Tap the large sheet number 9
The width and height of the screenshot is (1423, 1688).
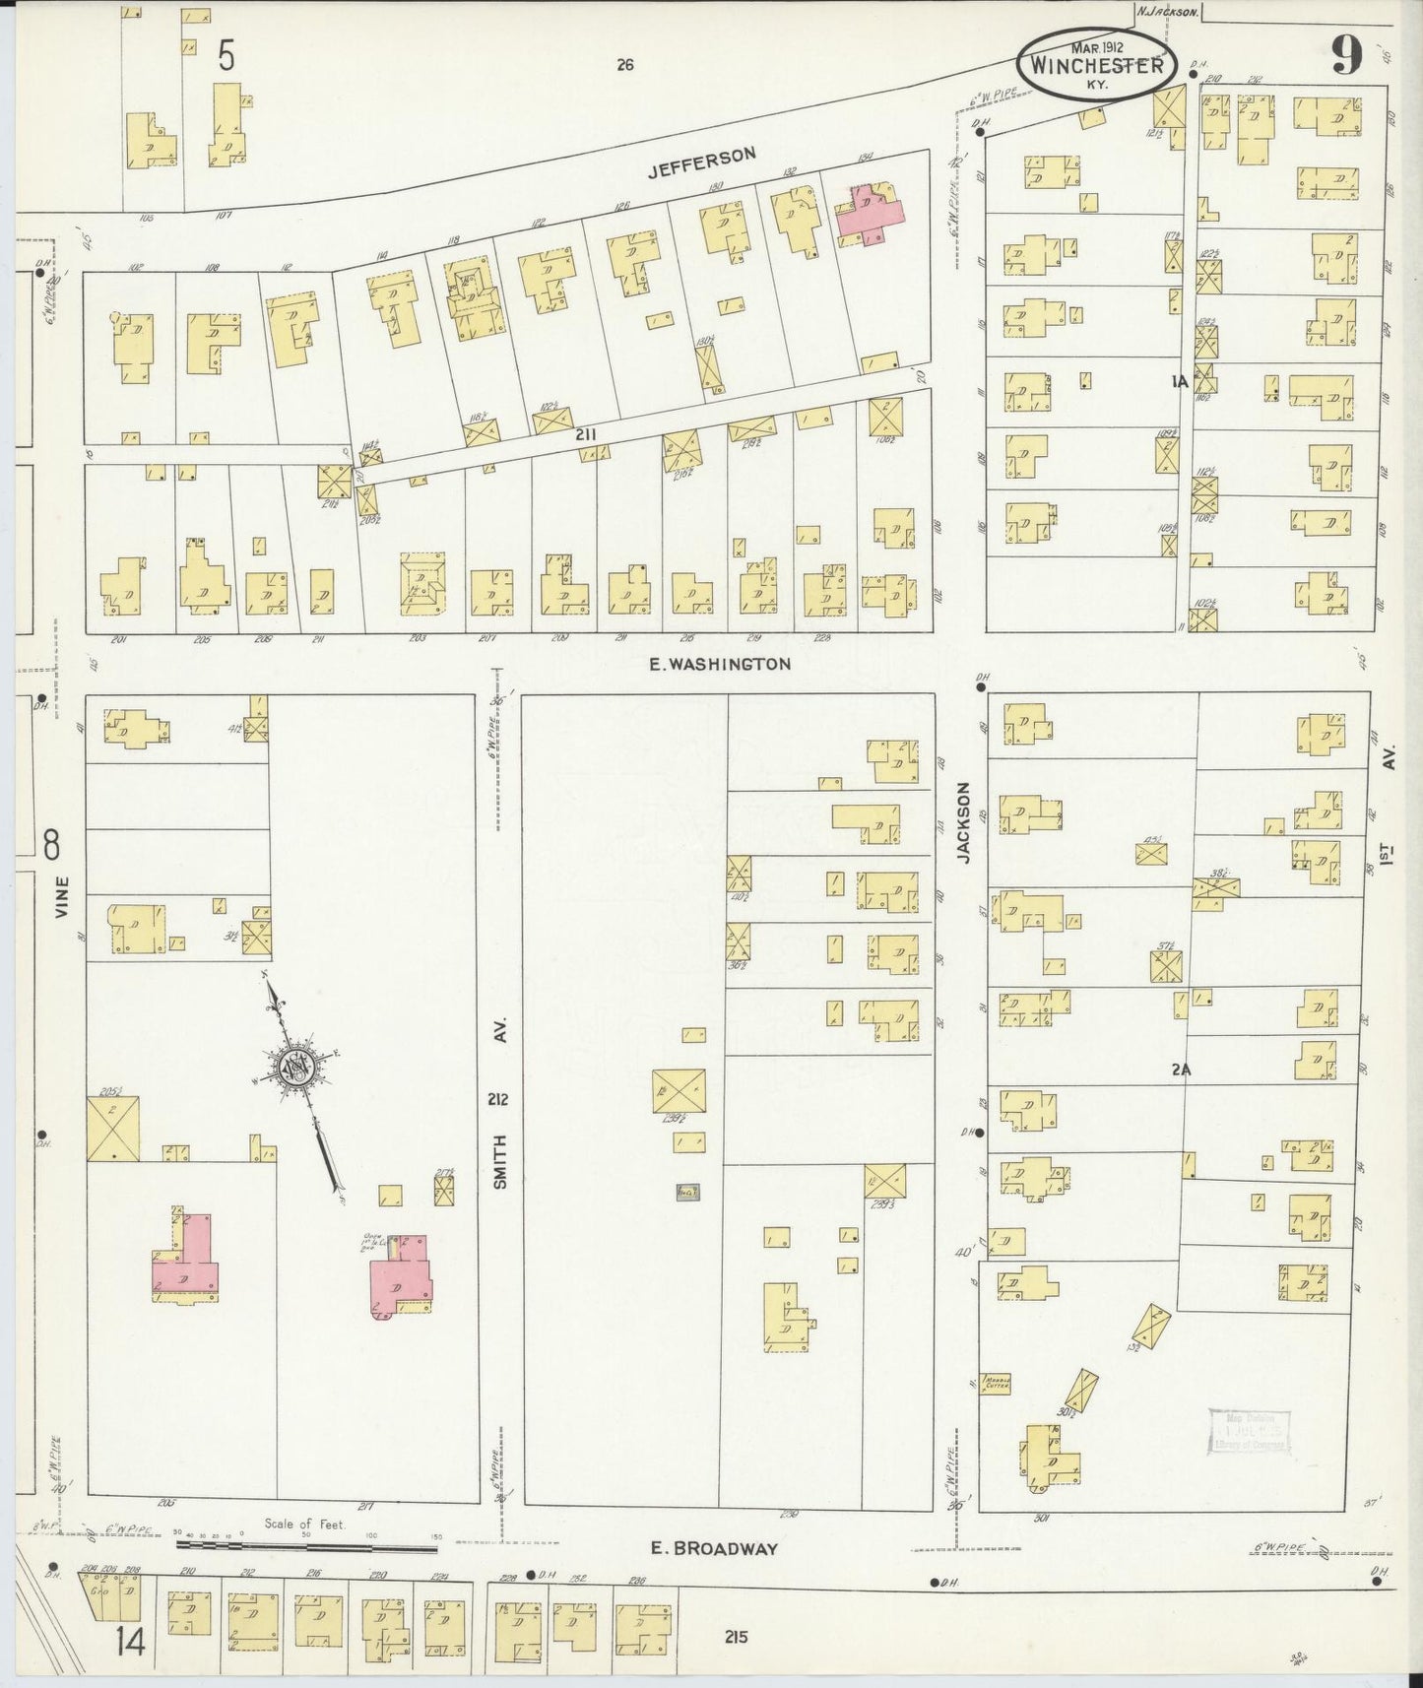1346,57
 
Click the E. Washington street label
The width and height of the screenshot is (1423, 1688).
719,665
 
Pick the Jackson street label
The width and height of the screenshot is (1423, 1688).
965,823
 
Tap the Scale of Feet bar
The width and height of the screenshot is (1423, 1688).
305,1546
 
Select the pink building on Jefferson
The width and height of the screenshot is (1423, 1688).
871,211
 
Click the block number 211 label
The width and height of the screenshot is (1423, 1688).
586,433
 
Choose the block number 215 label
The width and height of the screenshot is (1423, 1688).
736,1637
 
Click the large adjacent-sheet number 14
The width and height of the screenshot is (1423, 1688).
129,1642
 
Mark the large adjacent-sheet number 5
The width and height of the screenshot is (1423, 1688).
226,57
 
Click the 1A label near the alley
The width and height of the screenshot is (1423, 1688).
1180,380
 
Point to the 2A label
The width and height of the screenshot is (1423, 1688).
1182,1069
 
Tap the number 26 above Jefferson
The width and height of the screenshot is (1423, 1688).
624,66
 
